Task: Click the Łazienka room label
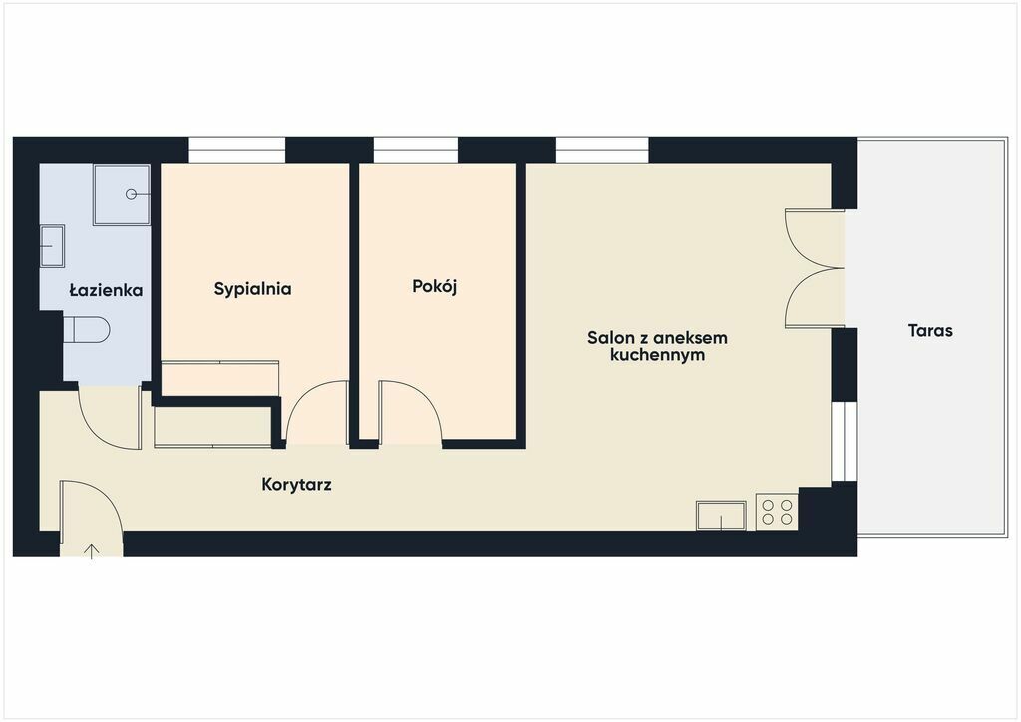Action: (106, 290)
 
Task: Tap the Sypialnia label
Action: (252, 289)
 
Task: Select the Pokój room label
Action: (435, 286)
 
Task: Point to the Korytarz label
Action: (296, 485)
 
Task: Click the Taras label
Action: (930, 331)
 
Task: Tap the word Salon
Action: (610, 338)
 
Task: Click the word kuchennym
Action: (658, 355)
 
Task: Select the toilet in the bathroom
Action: (86, 329)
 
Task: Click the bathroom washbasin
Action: (52, 246)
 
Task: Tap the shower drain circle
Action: (131, 194)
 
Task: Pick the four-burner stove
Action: (777, 512)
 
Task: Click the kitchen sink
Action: (721, 515)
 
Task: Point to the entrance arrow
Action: (91, 552)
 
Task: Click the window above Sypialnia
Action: (237, 150)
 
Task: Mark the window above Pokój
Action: (416, 150)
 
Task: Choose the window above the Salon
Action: (602, 150)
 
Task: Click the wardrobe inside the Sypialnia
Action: (220, 378)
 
